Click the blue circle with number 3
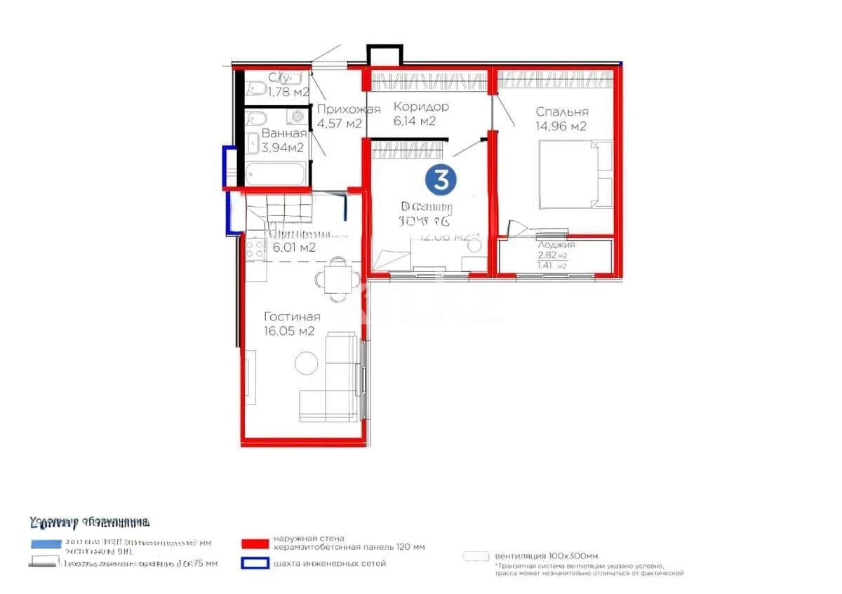440,180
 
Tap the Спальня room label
561,112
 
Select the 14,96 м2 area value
561,127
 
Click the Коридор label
421,107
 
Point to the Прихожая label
348,109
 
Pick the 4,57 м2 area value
340,124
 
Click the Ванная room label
283,133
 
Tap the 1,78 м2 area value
289,91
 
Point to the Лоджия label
556,245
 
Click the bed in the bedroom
575,173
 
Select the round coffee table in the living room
306,363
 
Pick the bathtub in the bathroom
275,173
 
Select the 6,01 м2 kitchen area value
294,248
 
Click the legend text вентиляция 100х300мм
547,555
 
